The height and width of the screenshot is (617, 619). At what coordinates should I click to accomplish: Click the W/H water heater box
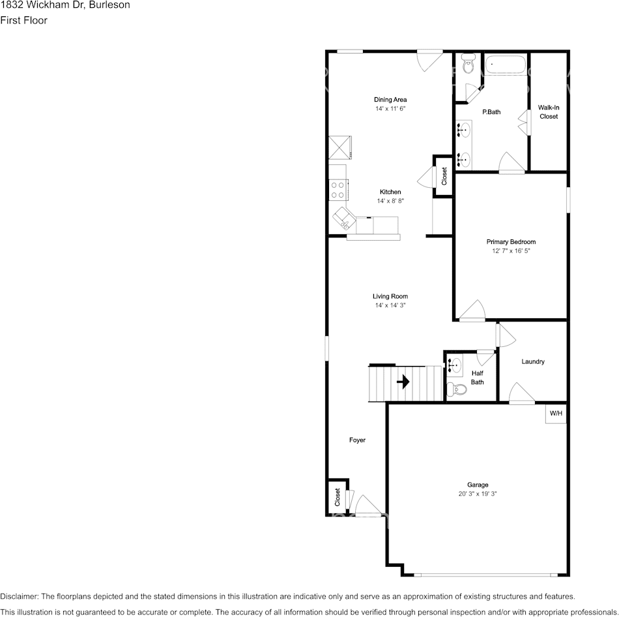pos(556,414)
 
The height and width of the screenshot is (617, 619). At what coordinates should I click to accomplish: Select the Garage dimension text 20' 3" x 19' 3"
pos(478,494)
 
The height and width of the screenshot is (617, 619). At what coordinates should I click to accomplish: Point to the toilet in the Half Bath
pos(459,389)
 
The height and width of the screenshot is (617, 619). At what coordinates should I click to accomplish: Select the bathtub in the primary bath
pos(505,65)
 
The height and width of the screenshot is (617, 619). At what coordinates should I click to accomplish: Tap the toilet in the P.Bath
pos(467,65)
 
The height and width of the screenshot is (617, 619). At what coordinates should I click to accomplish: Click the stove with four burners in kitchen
pos(338,190)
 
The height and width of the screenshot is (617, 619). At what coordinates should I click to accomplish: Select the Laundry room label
pos(533,362)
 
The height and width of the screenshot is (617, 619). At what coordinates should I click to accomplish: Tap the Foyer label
pos(357,440)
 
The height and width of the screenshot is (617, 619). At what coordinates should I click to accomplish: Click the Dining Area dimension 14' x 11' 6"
pos(390,109)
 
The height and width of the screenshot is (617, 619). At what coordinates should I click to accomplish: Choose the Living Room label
pos(390,296)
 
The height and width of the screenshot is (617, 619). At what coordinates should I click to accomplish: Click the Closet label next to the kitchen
pos(444,176)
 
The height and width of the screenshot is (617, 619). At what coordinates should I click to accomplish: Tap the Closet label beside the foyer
pos(338,498)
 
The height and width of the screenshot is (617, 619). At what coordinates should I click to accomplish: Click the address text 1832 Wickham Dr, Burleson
pos(65,5)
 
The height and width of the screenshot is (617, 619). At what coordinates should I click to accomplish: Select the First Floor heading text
pos(23,20)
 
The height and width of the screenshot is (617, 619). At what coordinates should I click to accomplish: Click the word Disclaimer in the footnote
pos(19,596)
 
